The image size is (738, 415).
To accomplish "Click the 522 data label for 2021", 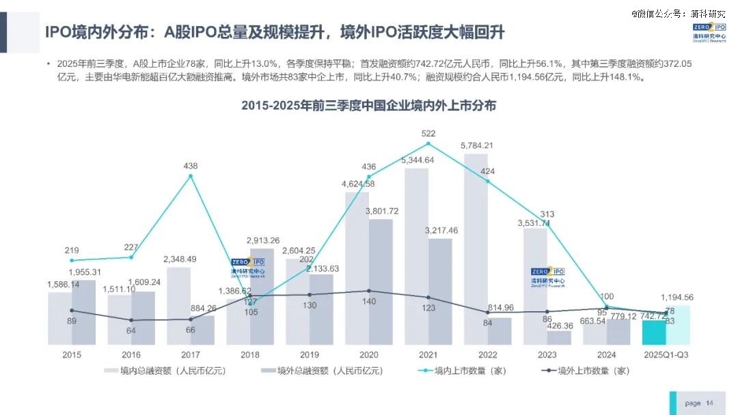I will [x=428, y=133].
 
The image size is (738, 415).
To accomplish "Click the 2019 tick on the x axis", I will [x=309, y=355].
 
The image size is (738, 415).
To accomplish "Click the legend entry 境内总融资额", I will [x=165, y=371].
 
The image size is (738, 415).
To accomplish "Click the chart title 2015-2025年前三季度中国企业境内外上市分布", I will [x=368, y=106].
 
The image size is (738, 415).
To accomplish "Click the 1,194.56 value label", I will [x=677, y=298].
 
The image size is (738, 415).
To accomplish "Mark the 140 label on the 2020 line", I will [x=369, y=302].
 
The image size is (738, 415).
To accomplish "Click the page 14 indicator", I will [x=698, y=403].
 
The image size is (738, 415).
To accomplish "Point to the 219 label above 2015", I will [x=72, y=250].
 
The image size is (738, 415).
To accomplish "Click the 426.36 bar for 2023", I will [x=559, y=338].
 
